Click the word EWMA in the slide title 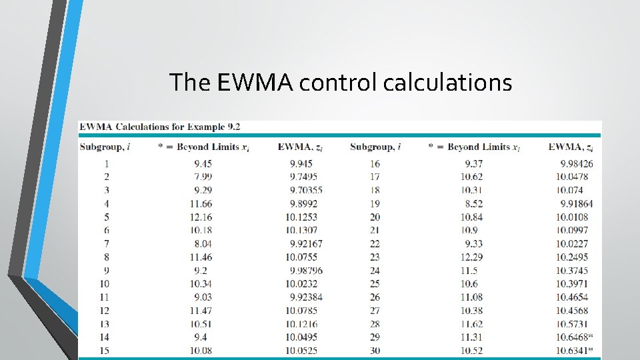[x=256, y=83]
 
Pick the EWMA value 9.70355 [x=306, y=190]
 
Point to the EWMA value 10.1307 [x=303, y=230]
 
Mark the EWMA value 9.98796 [x=306, y=270]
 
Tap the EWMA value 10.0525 [x=303, y=350]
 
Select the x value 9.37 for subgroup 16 [x=475, y=163]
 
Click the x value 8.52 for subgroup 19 [x=475, y=203]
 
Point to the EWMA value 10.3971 [x=572, y=283]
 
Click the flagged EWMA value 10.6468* [x=574, y=337]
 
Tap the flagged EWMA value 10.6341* [x=574, y=350]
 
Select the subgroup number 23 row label [x=374, y=257]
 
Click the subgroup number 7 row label [x=106, y=243]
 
